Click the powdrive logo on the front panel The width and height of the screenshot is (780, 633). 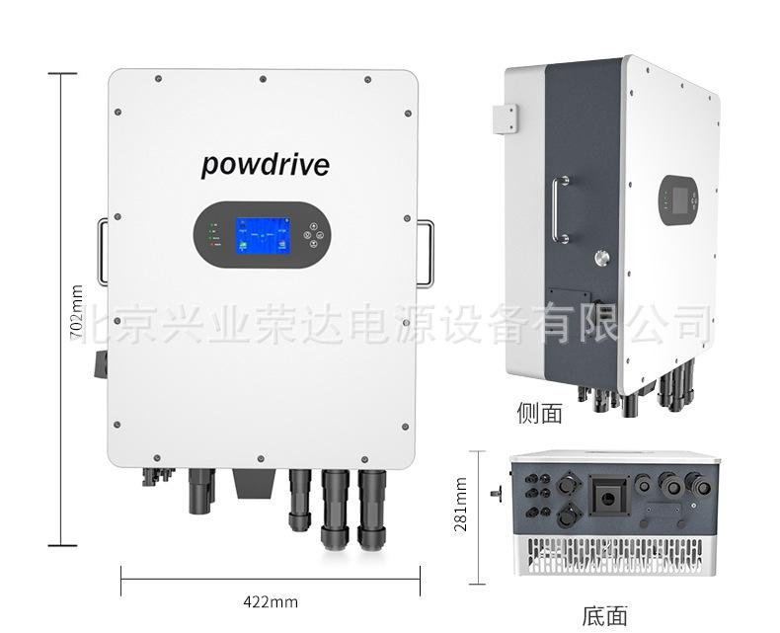pyautogui.click(x=265, y=164)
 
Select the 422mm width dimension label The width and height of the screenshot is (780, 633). pyautogui.click(x=270, y=600)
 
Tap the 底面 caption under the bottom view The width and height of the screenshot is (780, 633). pyautogui.click(x=604, y=617)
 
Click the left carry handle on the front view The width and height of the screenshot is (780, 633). pyautogui.click(x=104, y=253)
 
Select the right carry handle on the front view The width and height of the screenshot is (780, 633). pyautogui.click(x=425, y=253)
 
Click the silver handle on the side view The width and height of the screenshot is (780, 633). pyautogui.click(x=561, y=209)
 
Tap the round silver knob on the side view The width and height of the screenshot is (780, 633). pyautogui.click(x=601, y=259)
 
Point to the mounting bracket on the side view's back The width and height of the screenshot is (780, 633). pyautogui.click(x=507, y=118)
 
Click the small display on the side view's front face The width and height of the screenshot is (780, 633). pyautogui.click(x=679, y=199)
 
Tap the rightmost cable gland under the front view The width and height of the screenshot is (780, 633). pyautogui.click(x=372, y=509)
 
